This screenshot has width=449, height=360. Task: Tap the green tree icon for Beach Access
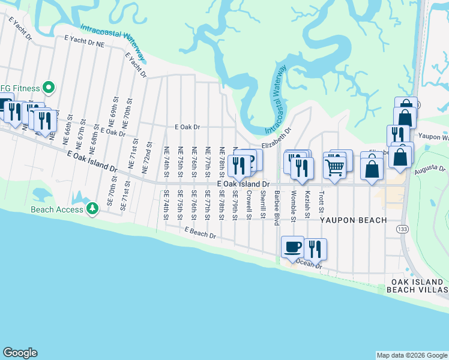(92, 209)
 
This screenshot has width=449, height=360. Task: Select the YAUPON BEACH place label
(353, 220)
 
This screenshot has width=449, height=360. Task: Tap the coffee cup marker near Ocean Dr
(293, 247)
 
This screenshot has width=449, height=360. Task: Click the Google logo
(20, 353)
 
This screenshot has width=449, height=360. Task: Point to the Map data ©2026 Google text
(411, 355)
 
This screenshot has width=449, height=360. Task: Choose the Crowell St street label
(249, 205)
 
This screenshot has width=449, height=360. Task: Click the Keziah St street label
(307, 205)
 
